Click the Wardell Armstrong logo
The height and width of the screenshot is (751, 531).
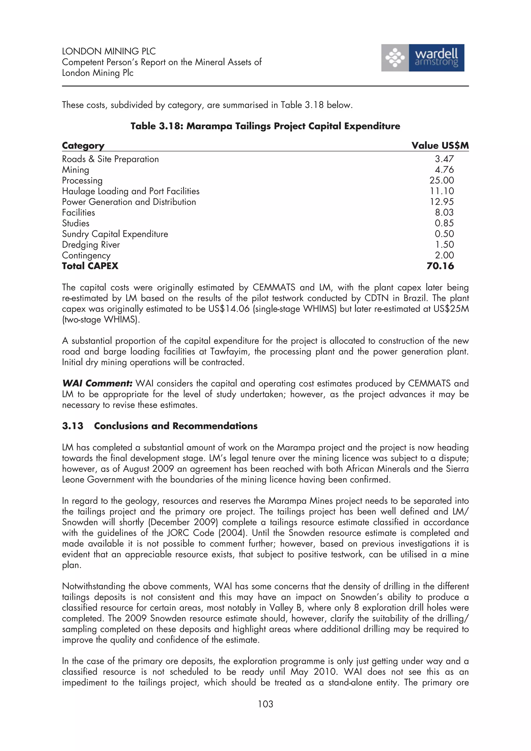pos(422,58)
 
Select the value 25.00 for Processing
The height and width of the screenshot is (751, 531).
pos(442,180)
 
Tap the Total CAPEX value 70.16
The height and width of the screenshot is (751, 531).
pos(440,266)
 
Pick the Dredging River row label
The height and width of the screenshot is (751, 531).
pos(91,245)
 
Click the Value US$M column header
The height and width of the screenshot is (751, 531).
pos(440,146)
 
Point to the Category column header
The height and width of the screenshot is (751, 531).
pos(83,146)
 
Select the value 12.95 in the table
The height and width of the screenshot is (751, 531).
pos(442,202)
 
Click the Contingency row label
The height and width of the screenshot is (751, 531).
pos(86,256)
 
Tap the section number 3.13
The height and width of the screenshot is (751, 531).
pos(73,426)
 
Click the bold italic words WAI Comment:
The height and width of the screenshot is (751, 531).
pos(97,383)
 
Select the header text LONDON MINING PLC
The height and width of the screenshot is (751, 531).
pos(109,51)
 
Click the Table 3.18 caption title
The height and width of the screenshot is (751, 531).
pos(265,126)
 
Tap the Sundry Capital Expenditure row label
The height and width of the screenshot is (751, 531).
pos(115,234)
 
